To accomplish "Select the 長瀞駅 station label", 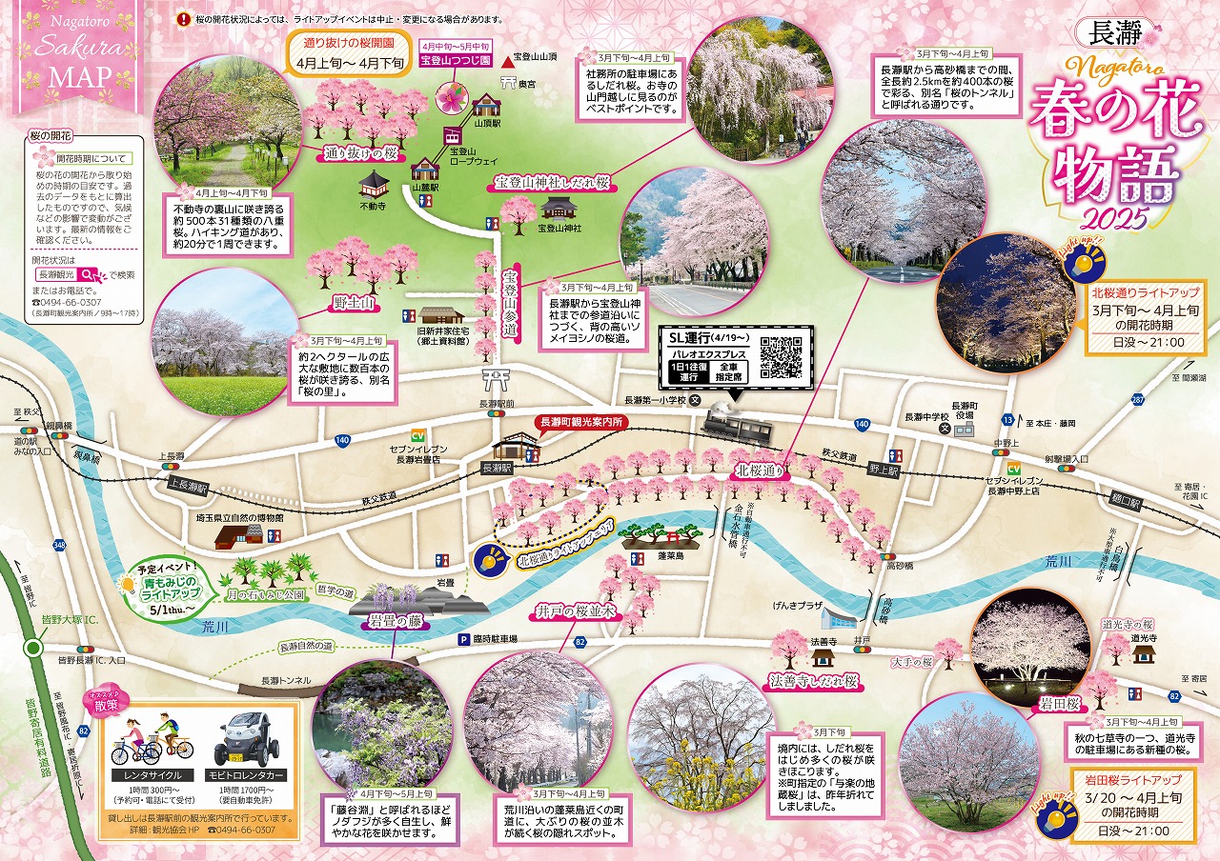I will point(497,468).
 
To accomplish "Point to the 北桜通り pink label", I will point(759,471).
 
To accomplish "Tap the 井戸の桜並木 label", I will point(563,611).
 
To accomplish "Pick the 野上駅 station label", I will point(884,469).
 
